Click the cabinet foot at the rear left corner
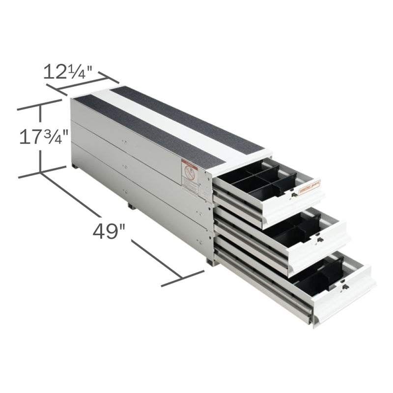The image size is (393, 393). tap(76, 168)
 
